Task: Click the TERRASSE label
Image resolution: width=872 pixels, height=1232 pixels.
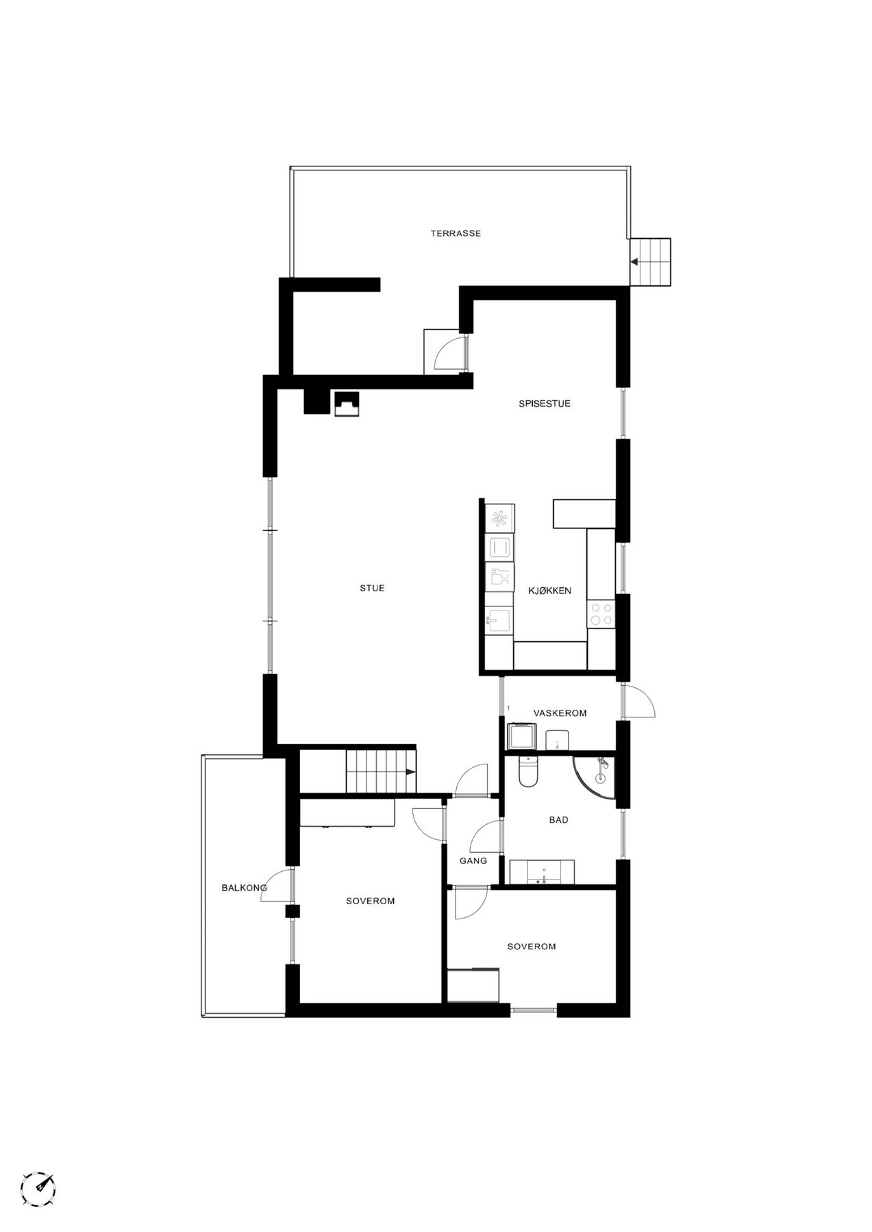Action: [456, 233]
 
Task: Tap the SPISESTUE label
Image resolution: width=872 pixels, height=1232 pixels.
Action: [544, 404]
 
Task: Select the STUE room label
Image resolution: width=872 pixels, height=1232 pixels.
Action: [372, 588]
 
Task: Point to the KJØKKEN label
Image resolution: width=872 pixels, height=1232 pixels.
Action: [549, 591]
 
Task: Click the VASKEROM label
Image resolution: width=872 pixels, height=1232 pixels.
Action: [560, 713]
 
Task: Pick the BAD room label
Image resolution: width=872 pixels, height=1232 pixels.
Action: [558, 820]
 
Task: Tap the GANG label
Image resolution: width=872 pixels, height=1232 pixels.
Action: [473, 860]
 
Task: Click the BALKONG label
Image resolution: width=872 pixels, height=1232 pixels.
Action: [244, 888]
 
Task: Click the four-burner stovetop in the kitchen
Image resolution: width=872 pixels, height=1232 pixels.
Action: [601, 613]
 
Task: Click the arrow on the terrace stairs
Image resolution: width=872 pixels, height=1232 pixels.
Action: [636, 262]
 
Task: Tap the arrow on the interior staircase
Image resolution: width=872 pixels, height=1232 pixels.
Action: [410, 772]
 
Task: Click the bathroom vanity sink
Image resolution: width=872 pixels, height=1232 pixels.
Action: [543, 872]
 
